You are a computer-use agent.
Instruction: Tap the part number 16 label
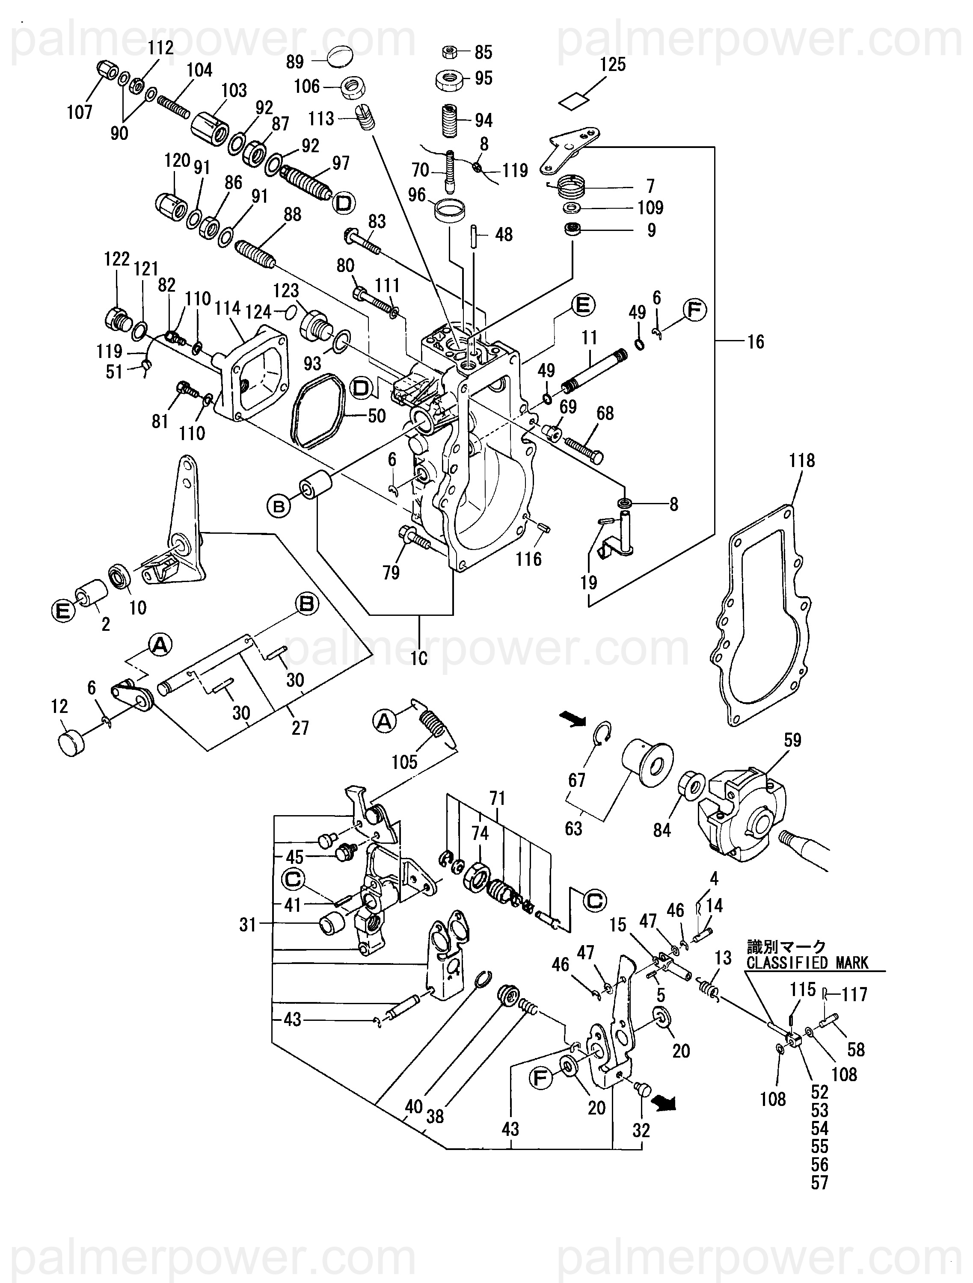point(756,342)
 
